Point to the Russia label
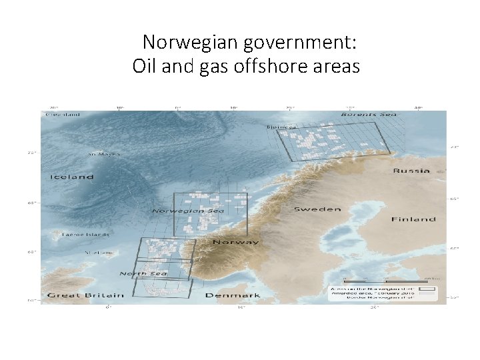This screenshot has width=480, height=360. pyautogui.click(x=411, y=171)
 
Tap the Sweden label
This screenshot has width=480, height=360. pyautogui.click(x=317, y=209)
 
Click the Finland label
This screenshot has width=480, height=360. pyautogui.click(x=413, y=219)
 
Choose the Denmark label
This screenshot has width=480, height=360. pyautogui.click(x=233, y=295)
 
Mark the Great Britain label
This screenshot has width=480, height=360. pyautogui.click(x=85, y=295)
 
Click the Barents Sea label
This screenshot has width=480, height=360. pyautogui.click(x=369, y=115)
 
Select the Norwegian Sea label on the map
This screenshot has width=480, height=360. pyautogui.click(x=188, y=211)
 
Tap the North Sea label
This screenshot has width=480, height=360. pyautogui.click(x=144, y=273)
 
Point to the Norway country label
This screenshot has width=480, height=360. pyautogui.click(x=237, y=242)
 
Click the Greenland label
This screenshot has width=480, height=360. pyautogui.click(x=63, y=115)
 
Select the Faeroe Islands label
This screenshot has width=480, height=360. pyautogui.click(x=85, y=235)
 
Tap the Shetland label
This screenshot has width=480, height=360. pyautogui.click(x=99, y=253)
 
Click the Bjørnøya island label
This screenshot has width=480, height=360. pyautogui.click(x=281, y=126)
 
